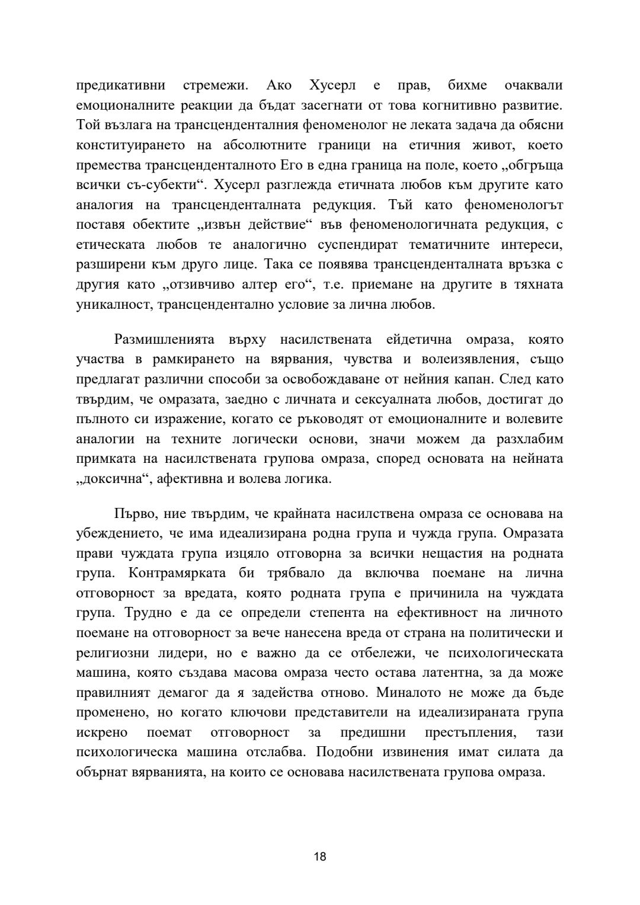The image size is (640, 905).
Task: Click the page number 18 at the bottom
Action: coord(320,856)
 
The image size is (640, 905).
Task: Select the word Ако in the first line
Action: coord(279,85)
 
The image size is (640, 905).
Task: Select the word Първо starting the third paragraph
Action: coord(135,513)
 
